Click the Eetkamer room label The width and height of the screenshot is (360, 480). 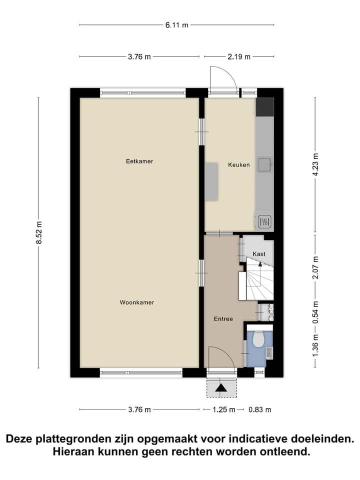click(x=139, y=161)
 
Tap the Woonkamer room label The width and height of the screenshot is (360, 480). click(x=136, y=302)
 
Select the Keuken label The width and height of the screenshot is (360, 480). click(x=238, y=165)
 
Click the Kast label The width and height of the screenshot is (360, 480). click(x=259, y=254)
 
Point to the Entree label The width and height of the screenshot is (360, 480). click(x=223, y=318)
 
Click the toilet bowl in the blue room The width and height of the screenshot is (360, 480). click(x=258, y=340)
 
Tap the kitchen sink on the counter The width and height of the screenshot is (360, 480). click(x=264, y=163)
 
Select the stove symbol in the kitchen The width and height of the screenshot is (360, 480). click(x=264, y=221)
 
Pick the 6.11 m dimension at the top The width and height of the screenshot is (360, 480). click(x=177, y=25)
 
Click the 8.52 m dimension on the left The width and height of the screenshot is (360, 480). click(x=38, y=233)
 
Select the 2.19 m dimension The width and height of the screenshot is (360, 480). click(x=238, y=56)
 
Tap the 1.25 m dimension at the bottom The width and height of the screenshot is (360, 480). click(x=224, y=409)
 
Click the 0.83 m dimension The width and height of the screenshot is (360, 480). click(x=260, y=409)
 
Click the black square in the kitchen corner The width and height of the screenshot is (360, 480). click(x=264, y=106)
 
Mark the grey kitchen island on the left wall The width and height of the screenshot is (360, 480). click(x=212, y=181)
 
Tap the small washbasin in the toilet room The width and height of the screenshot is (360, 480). click(x=269, y=353)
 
